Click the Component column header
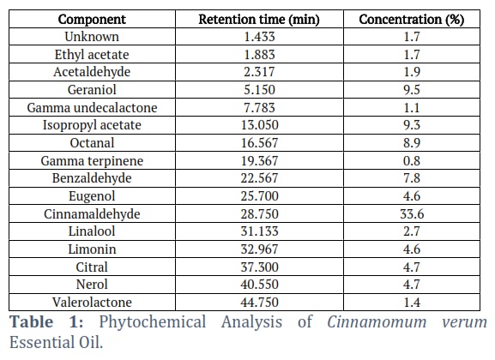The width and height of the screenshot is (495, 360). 92,20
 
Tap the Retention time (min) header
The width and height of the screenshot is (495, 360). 259,20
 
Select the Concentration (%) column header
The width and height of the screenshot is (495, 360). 411,20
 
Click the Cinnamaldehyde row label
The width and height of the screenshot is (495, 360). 92,214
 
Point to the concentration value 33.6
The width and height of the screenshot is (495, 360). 412,214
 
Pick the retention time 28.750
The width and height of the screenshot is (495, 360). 259,214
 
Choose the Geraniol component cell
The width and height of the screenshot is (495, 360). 92,90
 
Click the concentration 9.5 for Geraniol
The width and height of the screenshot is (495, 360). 412,90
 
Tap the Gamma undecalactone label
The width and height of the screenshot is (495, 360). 92,108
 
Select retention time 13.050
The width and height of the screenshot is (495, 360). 259,125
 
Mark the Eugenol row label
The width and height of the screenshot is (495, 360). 92,196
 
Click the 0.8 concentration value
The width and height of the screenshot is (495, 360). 412,160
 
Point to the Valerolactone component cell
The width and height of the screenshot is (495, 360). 92,303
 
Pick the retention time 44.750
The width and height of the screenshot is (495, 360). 259,303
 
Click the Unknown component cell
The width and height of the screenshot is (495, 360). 92,37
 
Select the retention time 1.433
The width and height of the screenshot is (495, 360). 259,37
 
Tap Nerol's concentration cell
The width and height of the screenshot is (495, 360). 412,285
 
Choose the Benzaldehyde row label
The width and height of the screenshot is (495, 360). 92,178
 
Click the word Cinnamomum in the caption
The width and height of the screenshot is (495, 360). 377,322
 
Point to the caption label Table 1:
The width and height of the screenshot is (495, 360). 46,322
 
